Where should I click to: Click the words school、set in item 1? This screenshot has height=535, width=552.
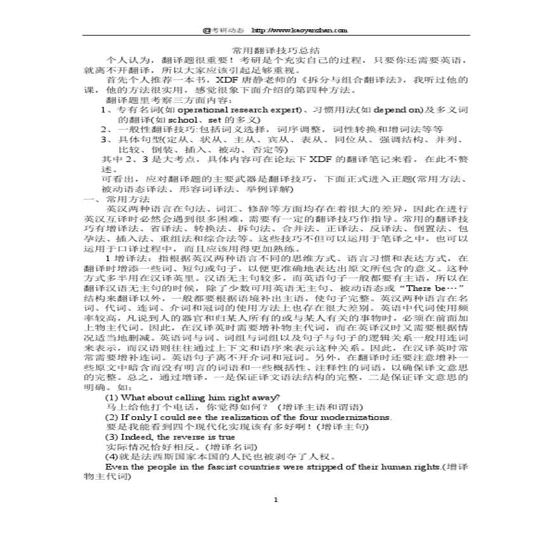pyautogui.click(x=190, y=119)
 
